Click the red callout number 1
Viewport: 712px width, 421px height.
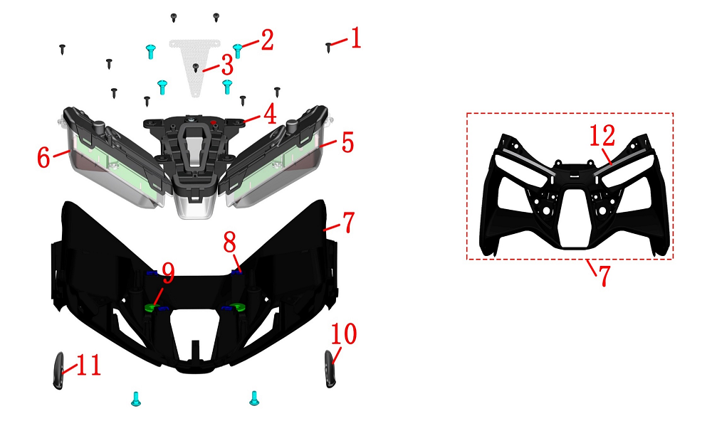355,38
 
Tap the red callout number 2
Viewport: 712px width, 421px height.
266,40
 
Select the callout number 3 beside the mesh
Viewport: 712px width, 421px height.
228,65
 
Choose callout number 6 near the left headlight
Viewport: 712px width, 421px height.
43,157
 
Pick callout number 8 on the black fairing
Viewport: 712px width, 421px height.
230,243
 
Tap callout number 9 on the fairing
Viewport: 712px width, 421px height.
169,273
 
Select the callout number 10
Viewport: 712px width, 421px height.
344,334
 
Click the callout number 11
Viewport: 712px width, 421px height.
88,366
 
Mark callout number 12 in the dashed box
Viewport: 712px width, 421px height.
602,135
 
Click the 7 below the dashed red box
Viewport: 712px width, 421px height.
604,275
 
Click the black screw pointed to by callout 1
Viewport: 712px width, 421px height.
329,47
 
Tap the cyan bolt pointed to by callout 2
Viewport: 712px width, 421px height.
237,50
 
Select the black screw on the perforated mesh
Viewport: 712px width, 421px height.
196,68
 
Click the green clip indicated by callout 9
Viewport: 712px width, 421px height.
152,308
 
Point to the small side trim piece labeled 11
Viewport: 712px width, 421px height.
58,371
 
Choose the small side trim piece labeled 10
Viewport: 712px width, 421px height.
330,369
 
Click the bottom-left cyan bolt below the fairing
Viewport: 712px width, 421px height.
136,398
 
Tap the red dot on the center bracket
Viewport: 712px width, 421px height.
214,122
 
